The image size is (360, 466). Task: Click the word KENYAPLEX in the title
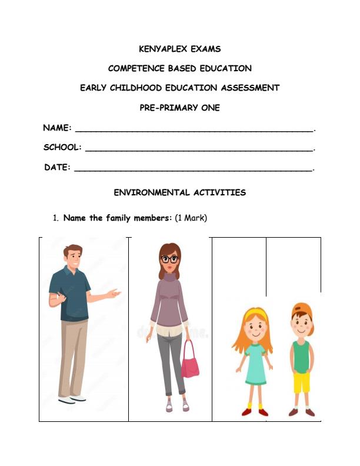(159, 49)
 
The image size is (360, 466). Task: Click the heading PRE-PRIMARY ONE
(179, 108)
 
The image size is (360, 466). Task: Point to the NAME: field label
(58, 128)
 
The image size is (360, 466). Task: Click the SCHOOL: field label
(62, 147)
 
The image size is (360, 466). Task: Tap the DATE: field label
(58, 167)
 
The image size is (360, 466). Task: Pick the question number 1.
(55, 218)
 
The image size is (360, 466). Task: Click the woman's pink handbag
(189, 362)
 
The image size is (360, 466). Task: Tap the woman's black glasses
(169, 259)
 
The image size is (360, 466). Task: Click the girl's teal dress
(256, 364)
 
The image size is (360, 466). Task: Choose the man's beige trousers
(73, 357)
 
